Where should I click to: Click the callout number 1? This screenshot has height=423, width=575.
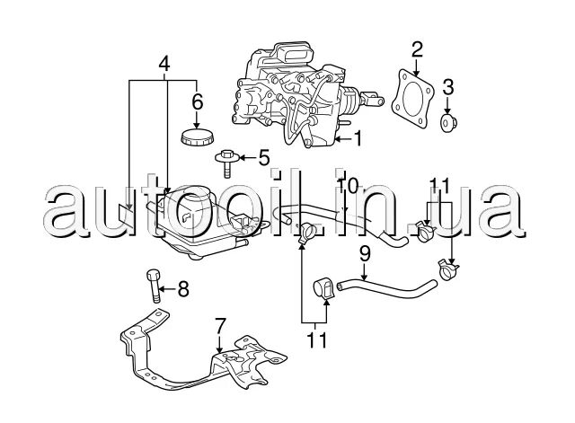tap(359, 138)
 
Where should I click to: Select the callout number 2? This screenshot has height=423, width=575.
tap(418, 48)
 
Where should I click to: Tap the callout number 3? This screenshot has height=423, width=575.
tap(449, 87)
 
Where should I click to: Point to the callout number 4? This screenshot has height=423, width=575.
tap(164, 64)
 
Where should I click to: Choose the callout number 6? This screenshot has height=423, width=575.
tap(198, 101)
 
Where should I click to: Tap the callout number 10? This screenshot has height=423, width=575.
tap(349, 186)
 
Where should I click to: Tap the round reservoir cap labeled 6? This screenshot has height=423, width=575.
tap(197, 137)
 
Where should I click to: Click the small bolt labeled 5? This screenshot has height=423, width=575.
tap(226, 163)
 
